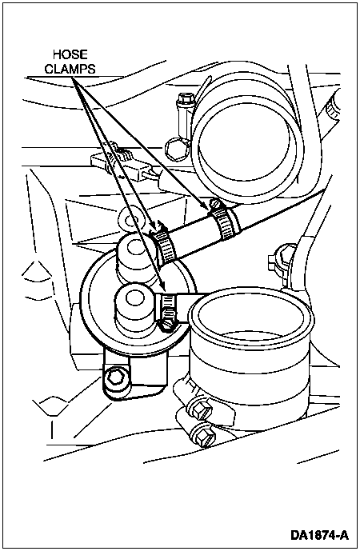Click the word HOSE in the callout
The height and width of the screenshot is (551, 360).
click(70, 54)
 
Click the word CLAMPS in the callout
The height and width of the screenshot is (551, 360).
click(70, 69)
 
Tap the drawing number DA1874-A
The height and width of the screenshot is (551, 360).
click(319, 535)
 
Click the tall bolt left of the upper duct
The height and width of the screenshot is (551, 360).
click(186, 116)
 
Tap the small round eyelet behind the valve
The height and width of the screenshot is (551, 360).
click(131, 221)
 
